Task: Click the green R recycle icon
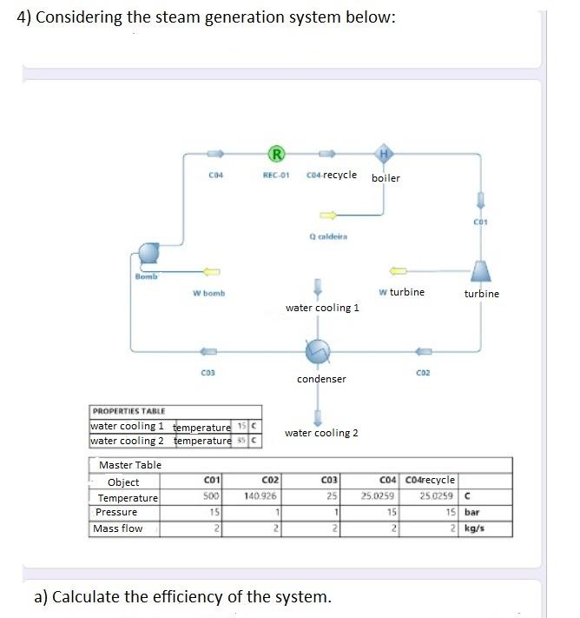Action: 277,155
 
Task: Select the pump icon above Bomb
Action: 148,255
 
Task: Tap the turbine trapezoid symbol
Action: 481,270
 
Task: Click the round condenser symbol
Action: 319,351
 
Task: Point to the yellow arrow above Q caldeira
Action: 327,214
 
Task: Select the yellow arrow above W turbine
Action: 399,270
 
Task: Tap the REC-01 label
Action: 275,176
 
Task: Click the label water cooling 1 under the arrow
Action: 322,308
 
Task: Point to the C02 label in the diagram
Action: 424,373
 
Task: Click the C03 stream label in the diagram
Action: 208,373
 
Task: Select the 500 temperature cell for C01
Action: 209,497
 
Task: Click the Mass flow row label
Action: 118,528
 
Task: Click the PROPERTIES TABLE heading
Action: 129,411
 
